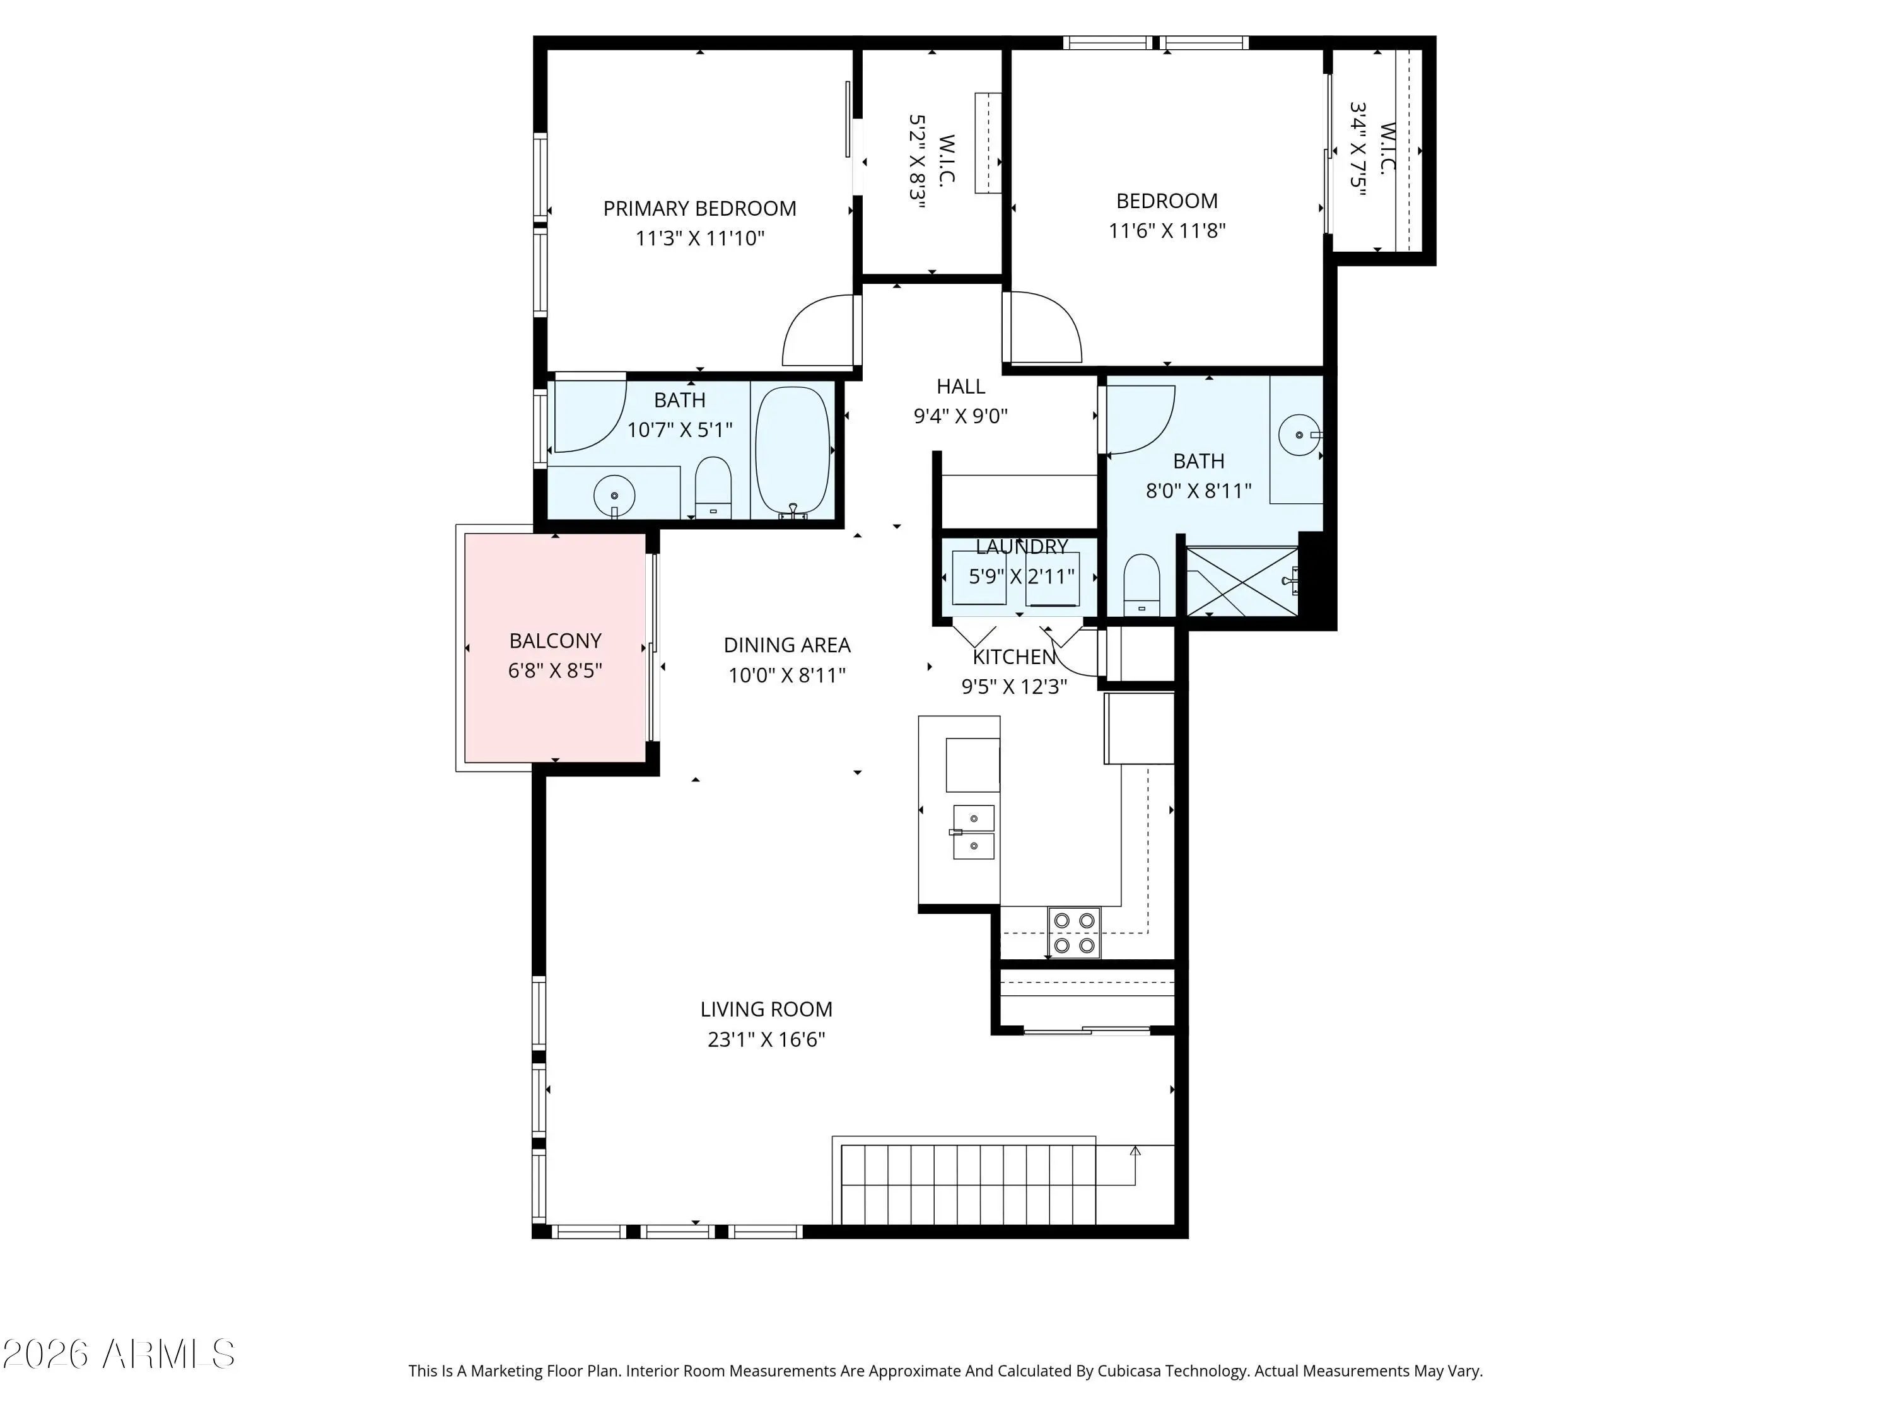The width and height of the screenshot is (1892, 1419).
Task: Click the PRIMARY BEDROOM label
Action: [699, 209]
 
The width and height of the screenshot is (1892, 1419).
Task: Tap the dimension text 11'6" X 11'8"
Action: [1167, 230]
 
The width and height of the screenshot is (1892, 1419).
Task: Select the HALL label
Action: [961, 387]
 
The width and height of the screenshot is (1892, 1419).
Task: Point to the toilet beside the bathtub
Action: [713, 488]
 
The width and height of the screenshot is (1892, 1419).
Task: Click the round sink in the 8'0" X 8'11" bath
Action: [1299, 435]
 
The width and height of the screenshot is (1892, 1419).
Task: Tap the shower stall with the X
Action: [1242, 581]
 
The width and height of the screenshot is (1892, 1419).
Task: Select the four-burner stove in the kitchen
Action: [1074, 932]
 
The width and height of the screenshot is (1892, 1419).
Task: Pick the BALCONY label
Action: [555, 641]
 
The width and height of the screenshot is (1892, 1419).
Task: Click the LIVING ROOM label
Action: [766, 1009]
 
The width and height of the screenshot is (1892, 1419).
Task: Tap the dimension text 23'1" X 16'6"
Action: [766, 1039]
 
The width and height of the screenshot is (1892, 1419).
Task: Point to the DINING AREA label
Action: [787, 645]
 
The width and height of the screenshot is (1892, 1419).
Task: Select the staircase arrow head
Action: [1136, 1151]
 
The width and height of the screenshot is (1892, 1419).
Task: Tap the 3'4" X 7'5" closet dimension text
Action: [1358, 149]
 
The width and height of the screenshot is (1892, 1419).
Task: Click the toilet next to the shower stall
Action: [1141, 585]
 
